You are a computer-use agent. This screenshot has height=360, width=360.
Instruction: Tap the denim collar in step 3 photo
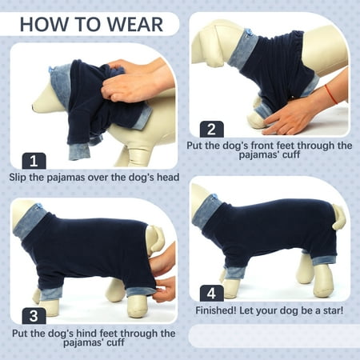(31, 221)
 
